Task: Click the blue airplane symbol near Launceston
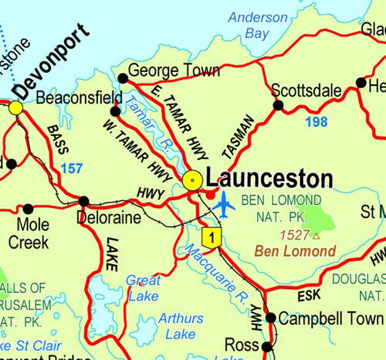pos(224,205)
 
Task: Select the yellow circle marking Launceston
pos(193,180)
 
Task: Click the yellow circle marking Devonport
pos(16,107)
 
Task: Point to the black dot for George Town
pos(123,77)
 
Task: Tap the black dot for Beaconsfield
pos(115,111)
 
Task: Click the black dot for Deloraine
pos(84,202)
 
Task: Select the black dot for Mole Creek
pos(29,209)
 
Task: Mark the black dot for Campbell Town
pos(270,318)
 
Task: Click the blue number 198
pos(316,121)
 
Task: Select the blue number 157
pos(71,168)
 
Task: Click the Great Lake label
pos(143,287)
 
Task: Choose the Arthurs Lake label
pos(181,326)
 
